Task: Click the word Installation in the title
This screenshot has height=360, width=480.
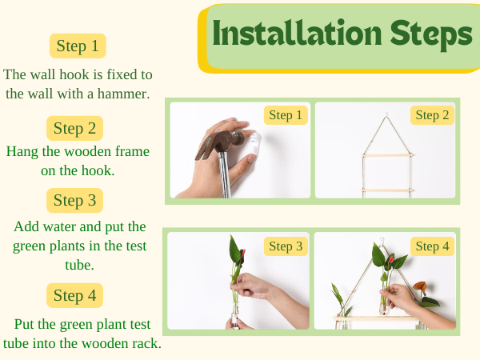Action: click(297, 33)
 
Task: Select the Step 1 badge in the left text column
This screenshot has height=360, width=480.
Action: click(78, 46)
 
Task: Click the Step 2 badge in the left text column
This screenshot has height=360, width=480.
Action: click(74, 128)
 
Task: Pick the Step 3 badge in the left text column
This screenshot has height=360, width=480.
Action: click(74, 201)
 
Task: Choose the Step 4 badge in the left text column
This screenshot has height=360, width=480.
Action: click(74, 295)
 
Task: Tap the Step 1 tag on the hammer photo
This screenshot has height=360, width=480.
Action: click(286, 115)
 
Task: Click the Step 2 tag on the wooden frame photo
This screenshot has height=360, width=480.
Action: click(432, 115)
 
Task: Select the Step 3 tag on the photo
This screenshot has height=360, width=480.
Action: click(286, 246)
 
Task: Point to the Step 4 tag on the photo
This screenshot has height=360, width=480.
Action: click(432, 246)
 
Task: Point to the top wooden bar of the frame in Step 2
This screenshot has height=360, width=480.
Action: click(387, 155)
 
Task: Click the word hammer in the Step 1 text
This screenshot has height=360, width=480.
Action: click(123, 94)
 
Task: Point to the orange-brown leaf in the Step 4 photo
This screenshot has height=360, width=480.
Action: click(420, 287)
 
